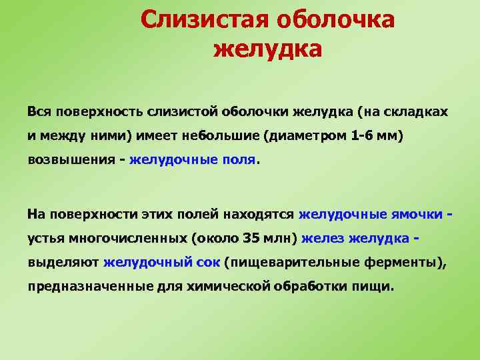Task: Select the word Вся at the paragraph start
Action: click(39, 111)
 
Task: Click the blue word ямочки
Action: click(417, 214)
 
